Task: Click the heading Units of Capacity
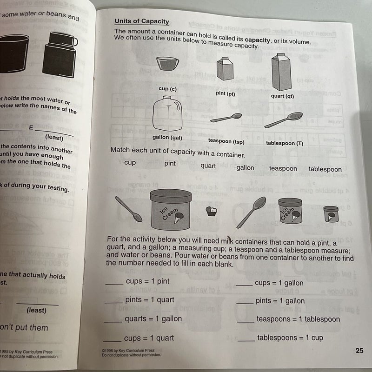click(141, 21)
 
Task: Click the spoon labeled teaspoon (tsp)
click(226, 118)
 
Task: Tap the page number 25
click(359, 351)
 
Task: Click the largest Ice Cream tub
click(171, 209)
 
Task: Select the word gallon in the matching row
click(245, 167)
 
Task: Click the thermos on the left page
click(59, 54)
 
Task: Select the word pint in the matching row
click(170, 164)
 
